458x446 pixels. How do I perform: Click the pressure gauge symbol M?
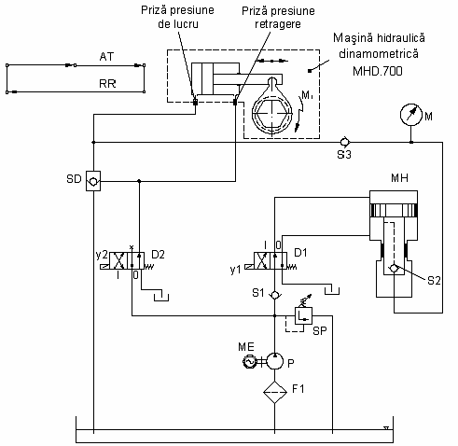(410, 115)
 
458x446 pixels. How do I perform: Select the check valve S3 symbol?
(344, 142)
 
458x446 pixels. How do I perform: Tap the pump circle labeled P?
(275, 361)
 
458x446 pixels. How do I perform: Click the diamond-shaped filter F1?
(275, 392)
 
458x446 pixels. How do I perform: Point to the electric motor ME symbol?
(249, 361)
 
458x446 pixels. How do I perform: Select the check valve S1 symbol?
(275, 295)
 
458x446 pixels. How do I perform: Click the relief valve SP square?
(303, 315)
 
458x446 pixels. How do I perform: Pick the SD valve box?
(93, 181)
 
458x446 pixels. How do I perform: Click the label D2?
(158, 255)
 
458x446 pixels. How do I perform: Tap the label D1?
(300, 253)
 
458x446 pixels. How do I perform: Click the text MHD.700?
(378, 71)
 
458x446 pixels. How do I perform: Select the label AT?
(106, 57)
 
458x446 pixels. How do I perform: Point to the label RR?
(107, 84)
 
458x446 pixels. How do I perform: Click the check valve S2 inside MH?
(394, 268)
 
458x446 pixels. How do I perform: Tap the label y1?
(236, 270)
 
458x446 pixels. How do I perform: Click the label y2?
(102, 255)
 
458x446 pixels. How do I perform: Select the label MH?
(399, 178)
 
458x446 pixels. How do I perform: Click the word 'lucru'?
(186, 24)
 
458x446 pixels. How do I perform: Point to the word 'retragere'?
(278, 24)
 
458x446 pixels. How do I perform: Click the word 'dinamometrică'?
(379, 54)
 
